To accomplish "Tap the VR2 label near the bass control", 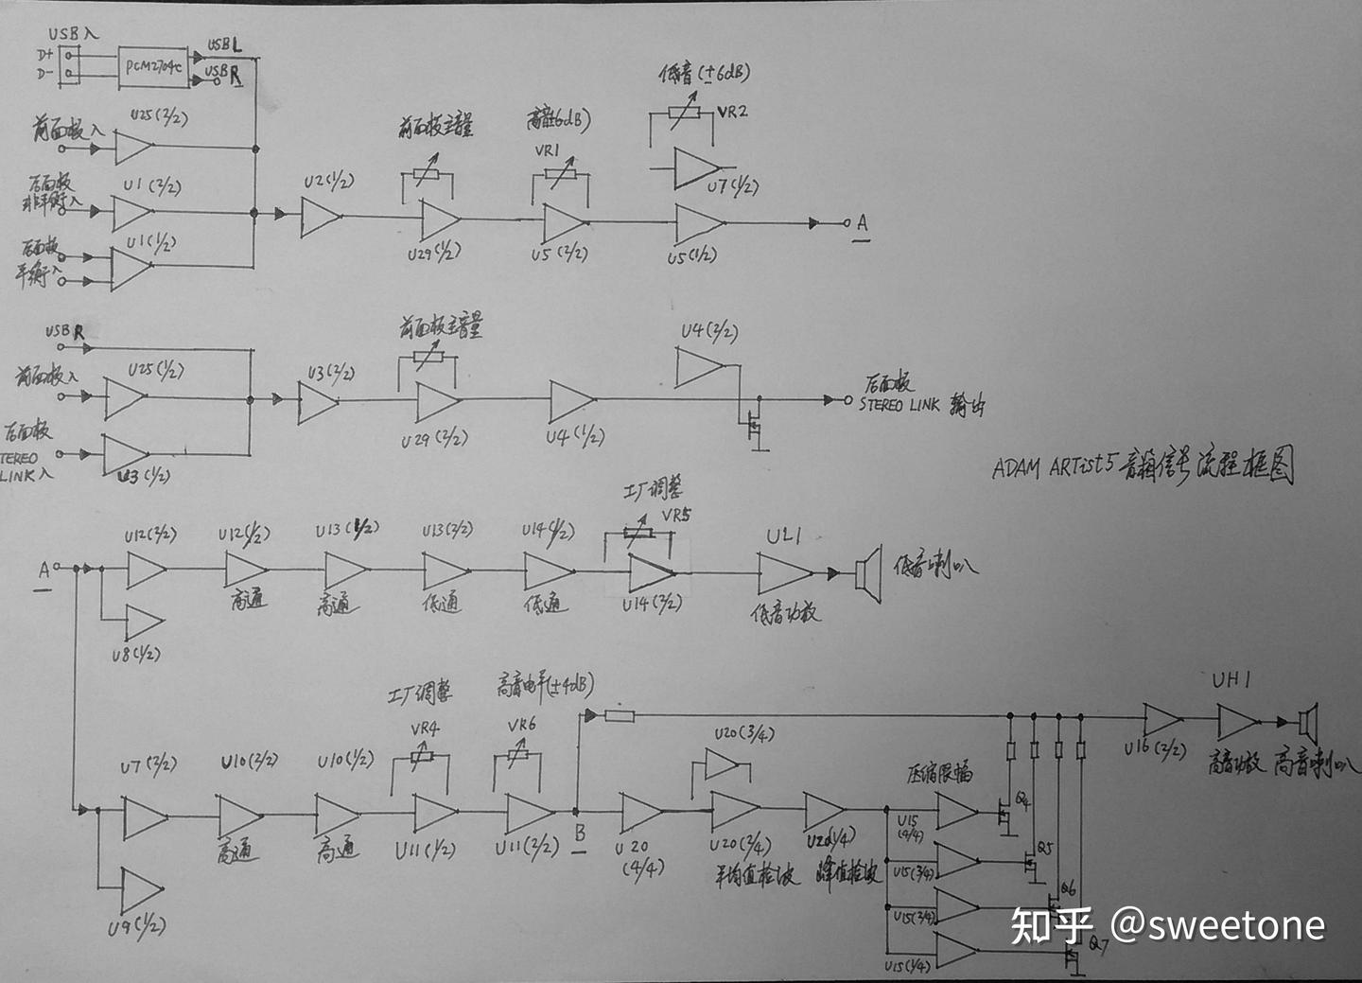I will (732, 112).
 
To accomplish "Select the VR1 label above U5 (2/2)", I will (548, 149).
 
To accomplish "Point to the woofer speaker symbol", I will (867, 572).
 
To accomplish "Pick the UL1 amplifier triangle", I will (784, 573).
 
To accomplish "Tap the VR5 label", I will (676, 516).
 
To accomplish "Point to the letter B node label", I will (580, 834).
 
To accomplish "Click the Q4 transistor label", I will (1023, 800).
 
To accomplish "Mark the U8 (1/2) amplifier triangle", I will (144, 622).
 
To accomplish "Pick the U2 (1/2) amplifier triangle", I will (321, 217).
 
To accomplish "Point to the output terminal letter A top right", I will (862, 223).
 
